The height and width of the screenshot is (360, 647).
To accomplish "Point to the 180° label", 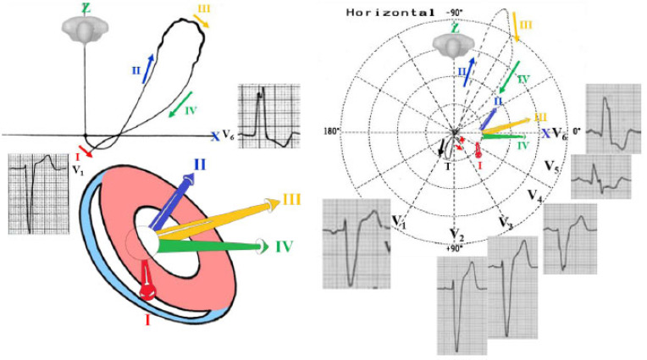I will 331,131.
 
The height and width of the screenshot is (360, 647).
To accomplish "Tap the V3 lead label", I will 506,223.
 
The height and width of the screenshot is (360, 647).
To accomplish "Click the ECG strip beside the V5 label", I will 602,176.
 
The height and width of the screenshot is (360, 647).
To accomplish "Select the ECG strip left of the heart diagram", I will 34,193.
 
